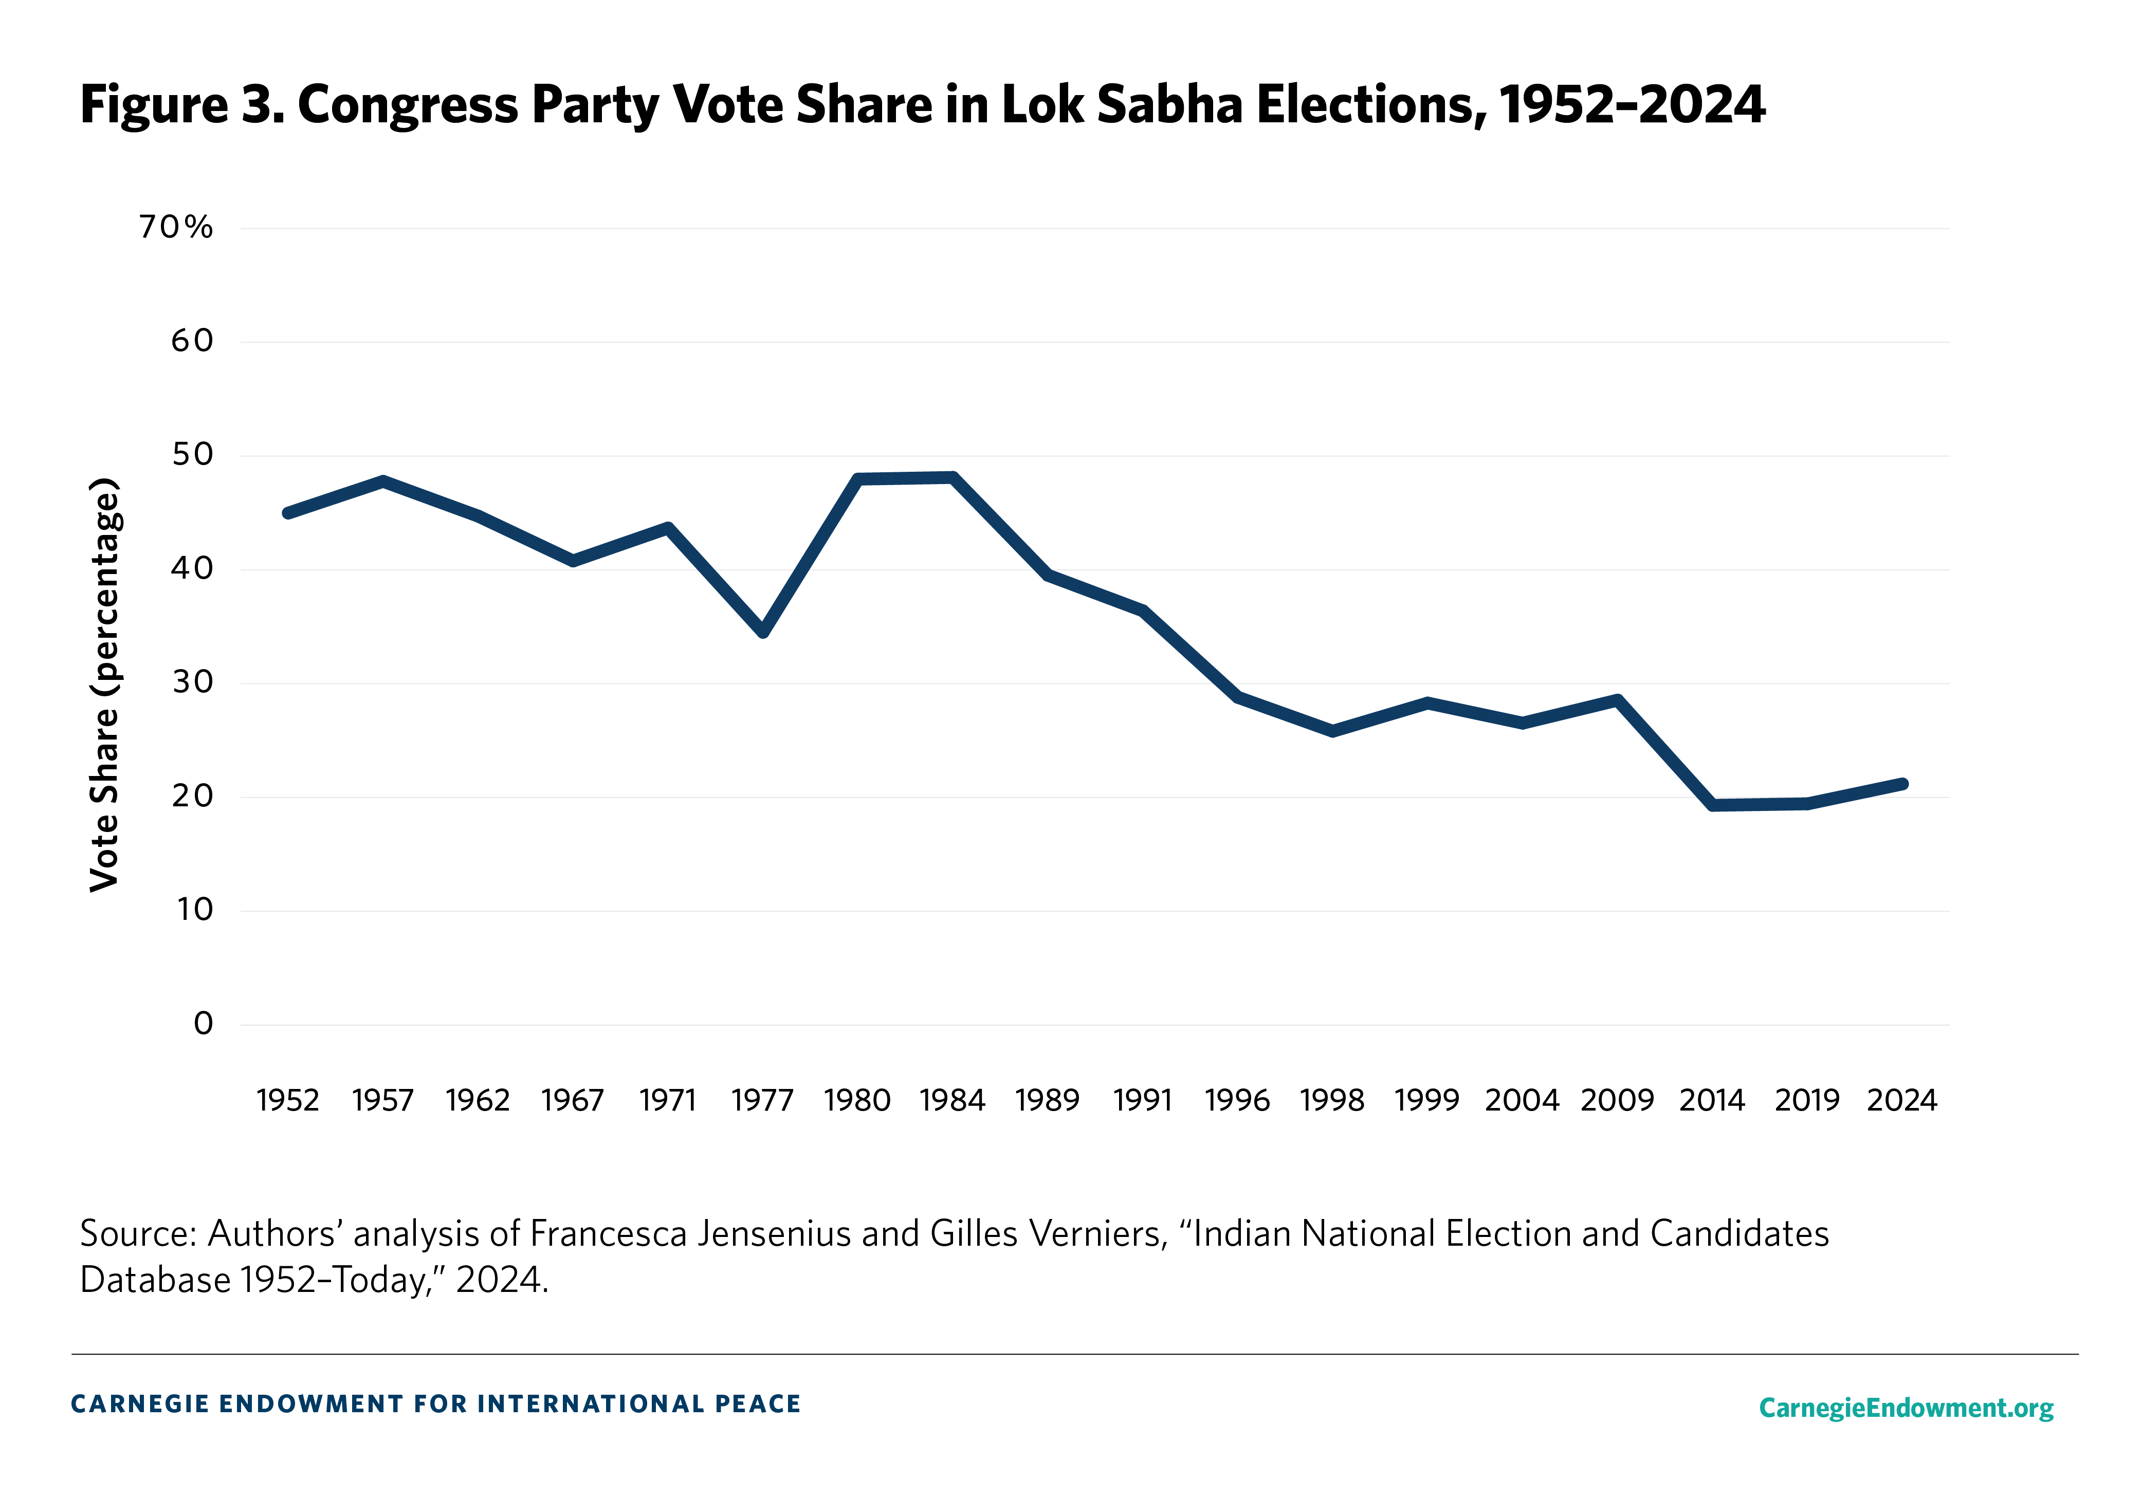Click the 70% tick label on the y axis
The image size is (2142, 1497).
tap(176, 227)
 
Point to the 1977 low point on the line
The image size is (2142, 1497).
tap(763, 632)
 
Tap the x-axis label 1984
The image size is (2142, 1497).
tap(953, 1101)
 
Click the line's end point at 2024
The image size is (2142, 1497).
tap(1902, 784)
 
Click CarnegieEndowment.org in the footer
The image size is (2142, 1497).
tap(1906, 1408)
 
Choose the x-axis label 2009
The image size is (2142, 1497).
tap(1617, 1101)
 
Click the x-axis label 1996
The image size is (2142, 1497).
tap(1238, 1101)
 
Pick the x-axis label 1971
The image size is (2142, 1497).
tap(668, 1101)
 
